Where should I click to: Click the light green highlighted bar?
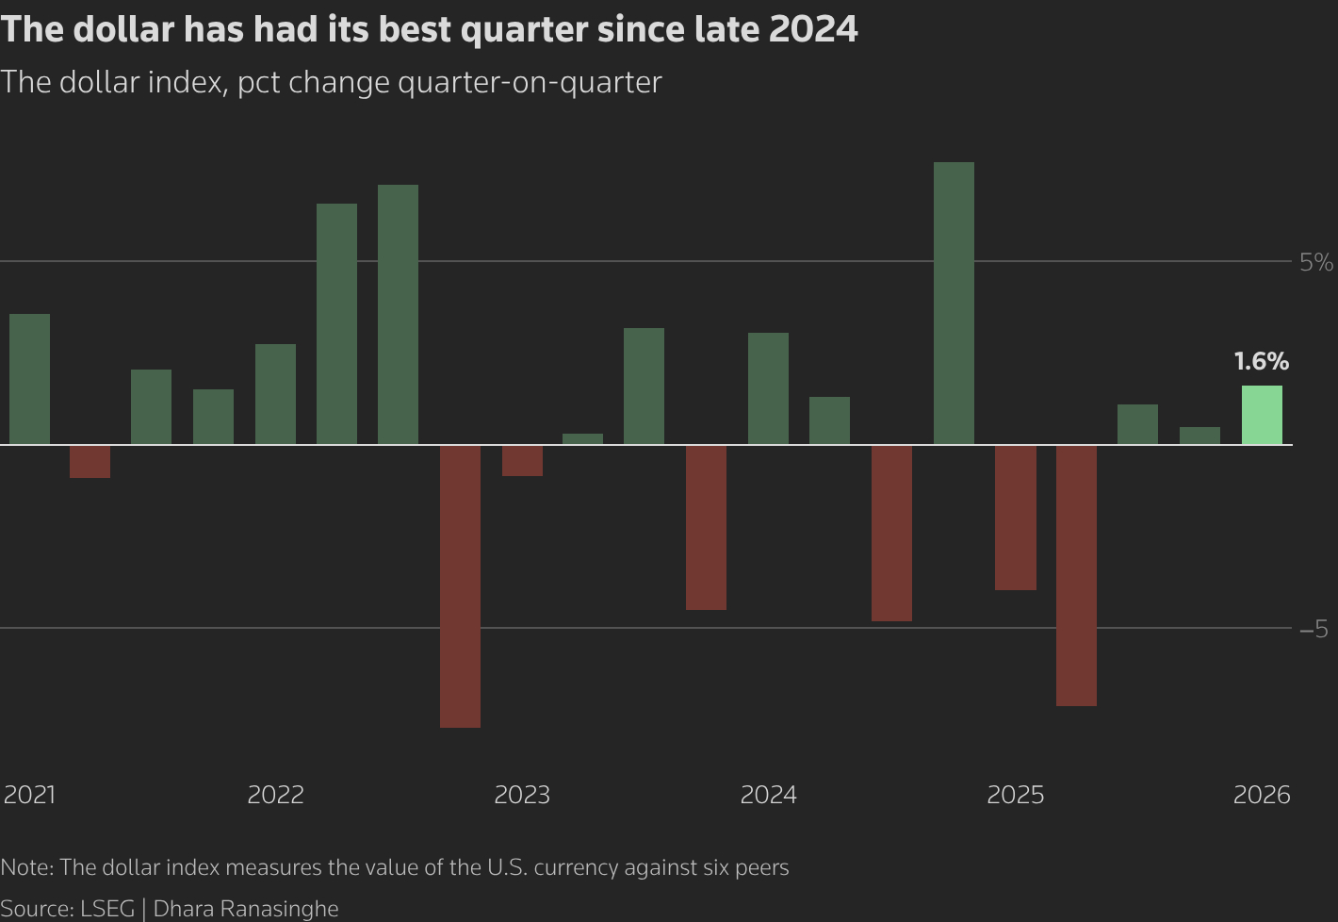[1262, 415]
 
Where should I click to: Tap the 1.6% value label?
[1261, 361]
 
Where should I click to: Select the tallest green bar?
[954, 303]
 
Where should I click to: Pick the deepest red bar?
[460, 585]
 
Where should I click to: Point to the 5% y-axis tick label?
[1315, 262]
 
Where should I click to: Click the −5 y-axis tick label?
[1314, 629]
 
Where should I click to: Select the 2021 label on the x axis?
[29, 795]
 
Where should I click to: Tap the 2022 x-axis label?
[275, 795]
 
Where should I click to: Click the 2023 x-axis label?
[522, 795]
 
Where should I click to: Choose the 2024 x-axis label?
[768, 795]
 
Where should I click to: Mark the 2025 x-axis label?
[1015, 795]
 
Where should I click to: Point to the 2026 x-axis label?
[1262, 795]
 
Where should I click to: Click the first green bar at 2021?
[29, 379]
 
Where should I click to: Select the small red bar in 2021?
[90, 461]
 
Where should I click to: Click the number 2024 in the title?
[812, 29]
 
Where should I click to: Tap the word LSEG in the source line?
[107, 909]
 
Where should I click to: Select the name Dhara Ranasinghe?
[245, 909]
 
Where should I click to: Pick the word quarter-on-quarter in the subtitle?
[530, 82]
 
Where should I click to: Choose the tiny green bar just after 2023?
[582, 438]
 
